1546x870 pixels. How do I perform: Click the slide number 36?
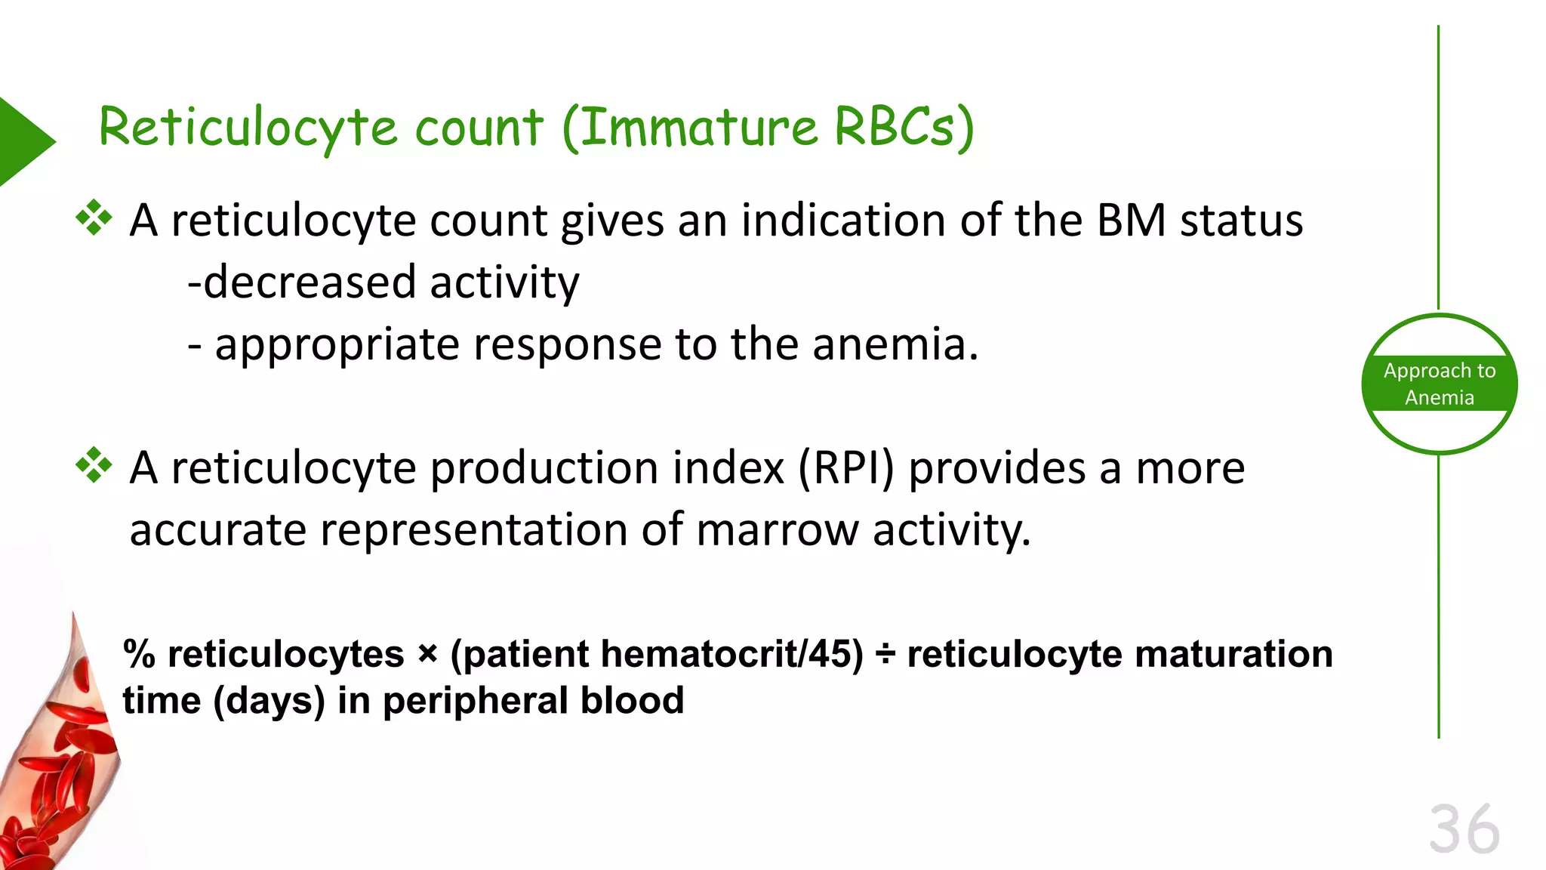1464,830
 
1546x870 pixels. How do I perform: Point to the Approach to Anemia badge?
1439,384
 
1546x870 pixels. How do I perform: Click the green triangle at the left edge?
23,141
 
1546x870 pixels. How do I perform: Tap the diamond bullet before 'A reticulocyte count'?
94,218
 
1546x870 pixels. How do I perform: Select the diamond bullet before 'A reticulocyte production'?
94,465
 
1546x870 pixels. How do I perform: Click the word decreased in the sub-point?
310,282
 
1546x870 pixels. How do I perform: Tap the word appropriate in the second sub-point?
337,346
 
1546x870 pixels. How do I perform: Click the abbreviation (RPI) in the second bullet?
846,468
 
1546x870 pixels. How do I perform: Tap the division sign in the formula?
885,655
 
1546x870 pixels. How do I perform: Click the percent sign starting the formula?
139,654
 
